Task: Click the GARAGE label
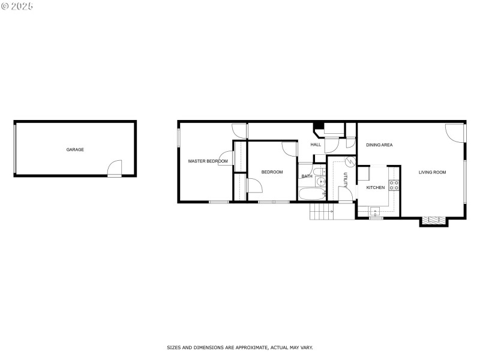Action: coord(75,149)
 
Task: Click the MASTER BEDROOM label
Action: coord(208,161)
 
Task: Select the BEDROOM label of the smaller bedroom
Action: coord(272,172)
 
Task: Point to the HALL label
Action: coord(316,145)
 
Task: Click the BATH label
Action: coord(307,176)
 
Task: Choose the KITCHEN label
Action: coord(376,188)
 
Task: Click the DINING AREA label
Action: coord(379,145)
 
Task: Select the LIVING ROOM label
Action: coord(432,172)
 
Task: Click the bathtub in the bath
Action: coord(311,194)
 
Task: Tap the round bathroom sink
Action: coord(322,181)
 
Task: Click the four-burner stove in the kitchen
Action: coord(394,185)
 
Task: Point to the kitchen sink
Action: coord(376,211)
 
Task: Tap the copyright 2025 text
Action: coord(17,6)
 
